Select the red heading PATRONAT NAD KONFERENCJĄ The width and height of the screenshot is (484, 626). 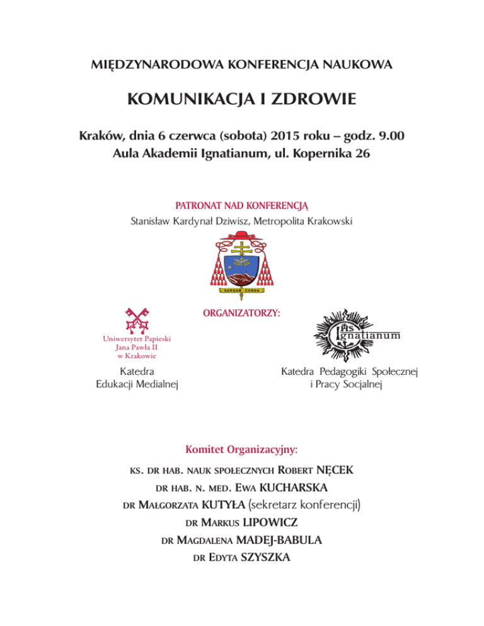pyautogui.click(x=241, y=205)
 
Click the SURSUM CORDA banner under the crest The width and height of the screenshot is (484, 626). pyautogui.click(x=242, y=290)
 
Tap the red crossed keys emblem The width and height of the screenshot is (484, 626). pyautogui.click(x=135, y=320)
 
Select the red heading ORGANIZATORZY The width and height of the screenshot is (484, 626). pyautogui.click(x=243, y=312)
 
